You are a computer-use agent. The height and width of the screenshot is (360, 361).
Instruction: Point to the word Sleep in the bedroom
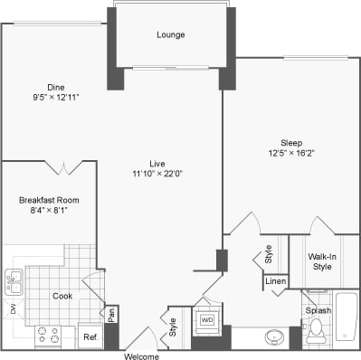coord(291,142)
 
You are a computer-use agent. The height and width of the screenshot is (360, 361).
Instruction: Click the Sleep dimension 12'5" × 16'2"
coord(291,153)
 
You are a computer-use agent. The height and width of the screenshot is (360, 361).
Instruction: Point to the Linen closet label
coord(277,281)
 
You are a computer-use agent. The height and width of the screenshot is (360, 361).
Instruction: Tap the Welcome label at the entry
coord(143,355)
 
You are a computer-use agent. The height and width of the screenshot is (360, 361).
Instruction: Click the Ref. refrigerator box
coord(90,337)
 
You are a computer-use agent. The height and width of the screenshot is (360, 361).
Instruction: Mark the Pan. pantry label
coord(111,316)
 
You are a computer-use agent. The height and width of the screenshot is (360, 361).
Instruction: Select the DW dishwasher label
coord(13,309)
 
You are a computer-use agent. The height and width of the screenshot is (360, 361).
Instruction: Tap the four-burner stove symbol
coord(47,336)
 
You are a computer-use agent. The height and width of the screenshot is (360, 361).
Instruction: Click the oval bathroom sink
coord(276,337)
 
